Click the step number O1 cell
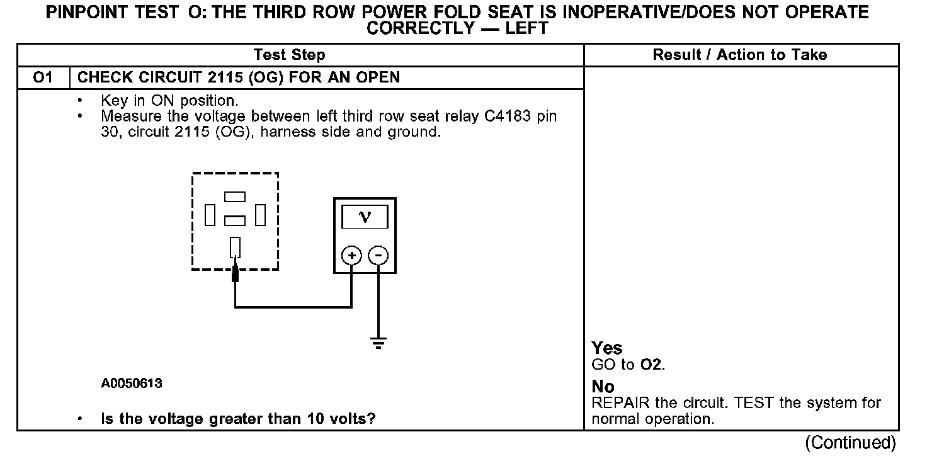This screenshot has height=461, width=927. click(43, 78)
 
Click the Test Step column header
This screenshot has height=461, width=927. click(290, 55)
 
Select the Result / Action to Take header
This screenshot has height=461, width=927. click(740, 55)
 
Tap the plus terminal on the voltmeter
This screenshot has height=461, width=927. click(351, 255)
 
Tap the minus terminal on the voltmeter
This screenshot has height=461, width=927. click(378, 255)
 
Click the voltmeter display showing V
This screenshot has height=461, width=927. click(365, 217)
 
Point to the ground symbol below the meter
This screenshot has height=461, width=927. click(378, 343)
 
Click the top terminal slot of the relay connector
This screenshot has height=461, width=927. click(234, 197)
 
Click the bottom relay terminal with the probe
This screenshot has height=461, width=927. click(235, 246)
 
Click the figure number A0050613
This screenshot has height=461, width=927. click(132, 383)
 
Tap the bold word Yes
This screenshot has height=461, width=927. click(607, 348)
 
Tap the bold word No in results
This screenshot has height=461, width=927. click(603, 387)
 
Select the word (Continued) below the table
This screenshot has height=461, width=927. click(850, 443)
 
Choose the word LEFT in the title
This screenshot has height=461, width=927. click(526, 28)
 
